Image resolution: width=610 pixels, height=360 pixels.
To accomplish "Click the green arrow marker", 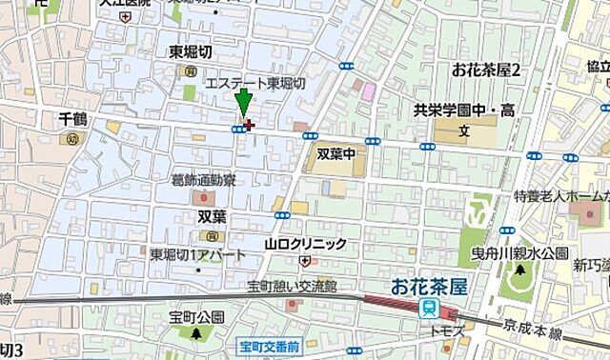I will [243, 102].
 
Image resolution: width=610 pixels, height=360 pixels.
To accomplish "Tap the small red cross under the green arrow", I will [250, 123].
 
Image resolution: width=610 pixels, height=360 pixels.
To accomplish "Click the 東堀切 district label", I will [190, 53].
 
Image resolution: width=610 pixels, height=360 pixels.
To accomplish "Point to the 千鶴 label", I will [72, 119].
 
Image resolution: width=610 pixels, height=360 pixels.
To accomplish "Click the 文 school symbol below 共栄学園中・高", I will [464, 130].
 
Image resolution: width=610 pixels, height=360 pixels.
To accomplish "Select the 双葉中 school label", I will [335, 150].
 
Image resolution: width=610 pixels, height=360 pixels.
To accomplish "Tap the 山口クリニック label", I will [305, 245].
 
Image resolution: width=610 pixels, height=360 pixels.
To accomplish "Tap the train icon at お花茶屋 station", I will [430, 308].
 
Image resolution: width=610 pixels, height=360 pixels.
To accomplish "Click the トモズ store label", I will [449, 330].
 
